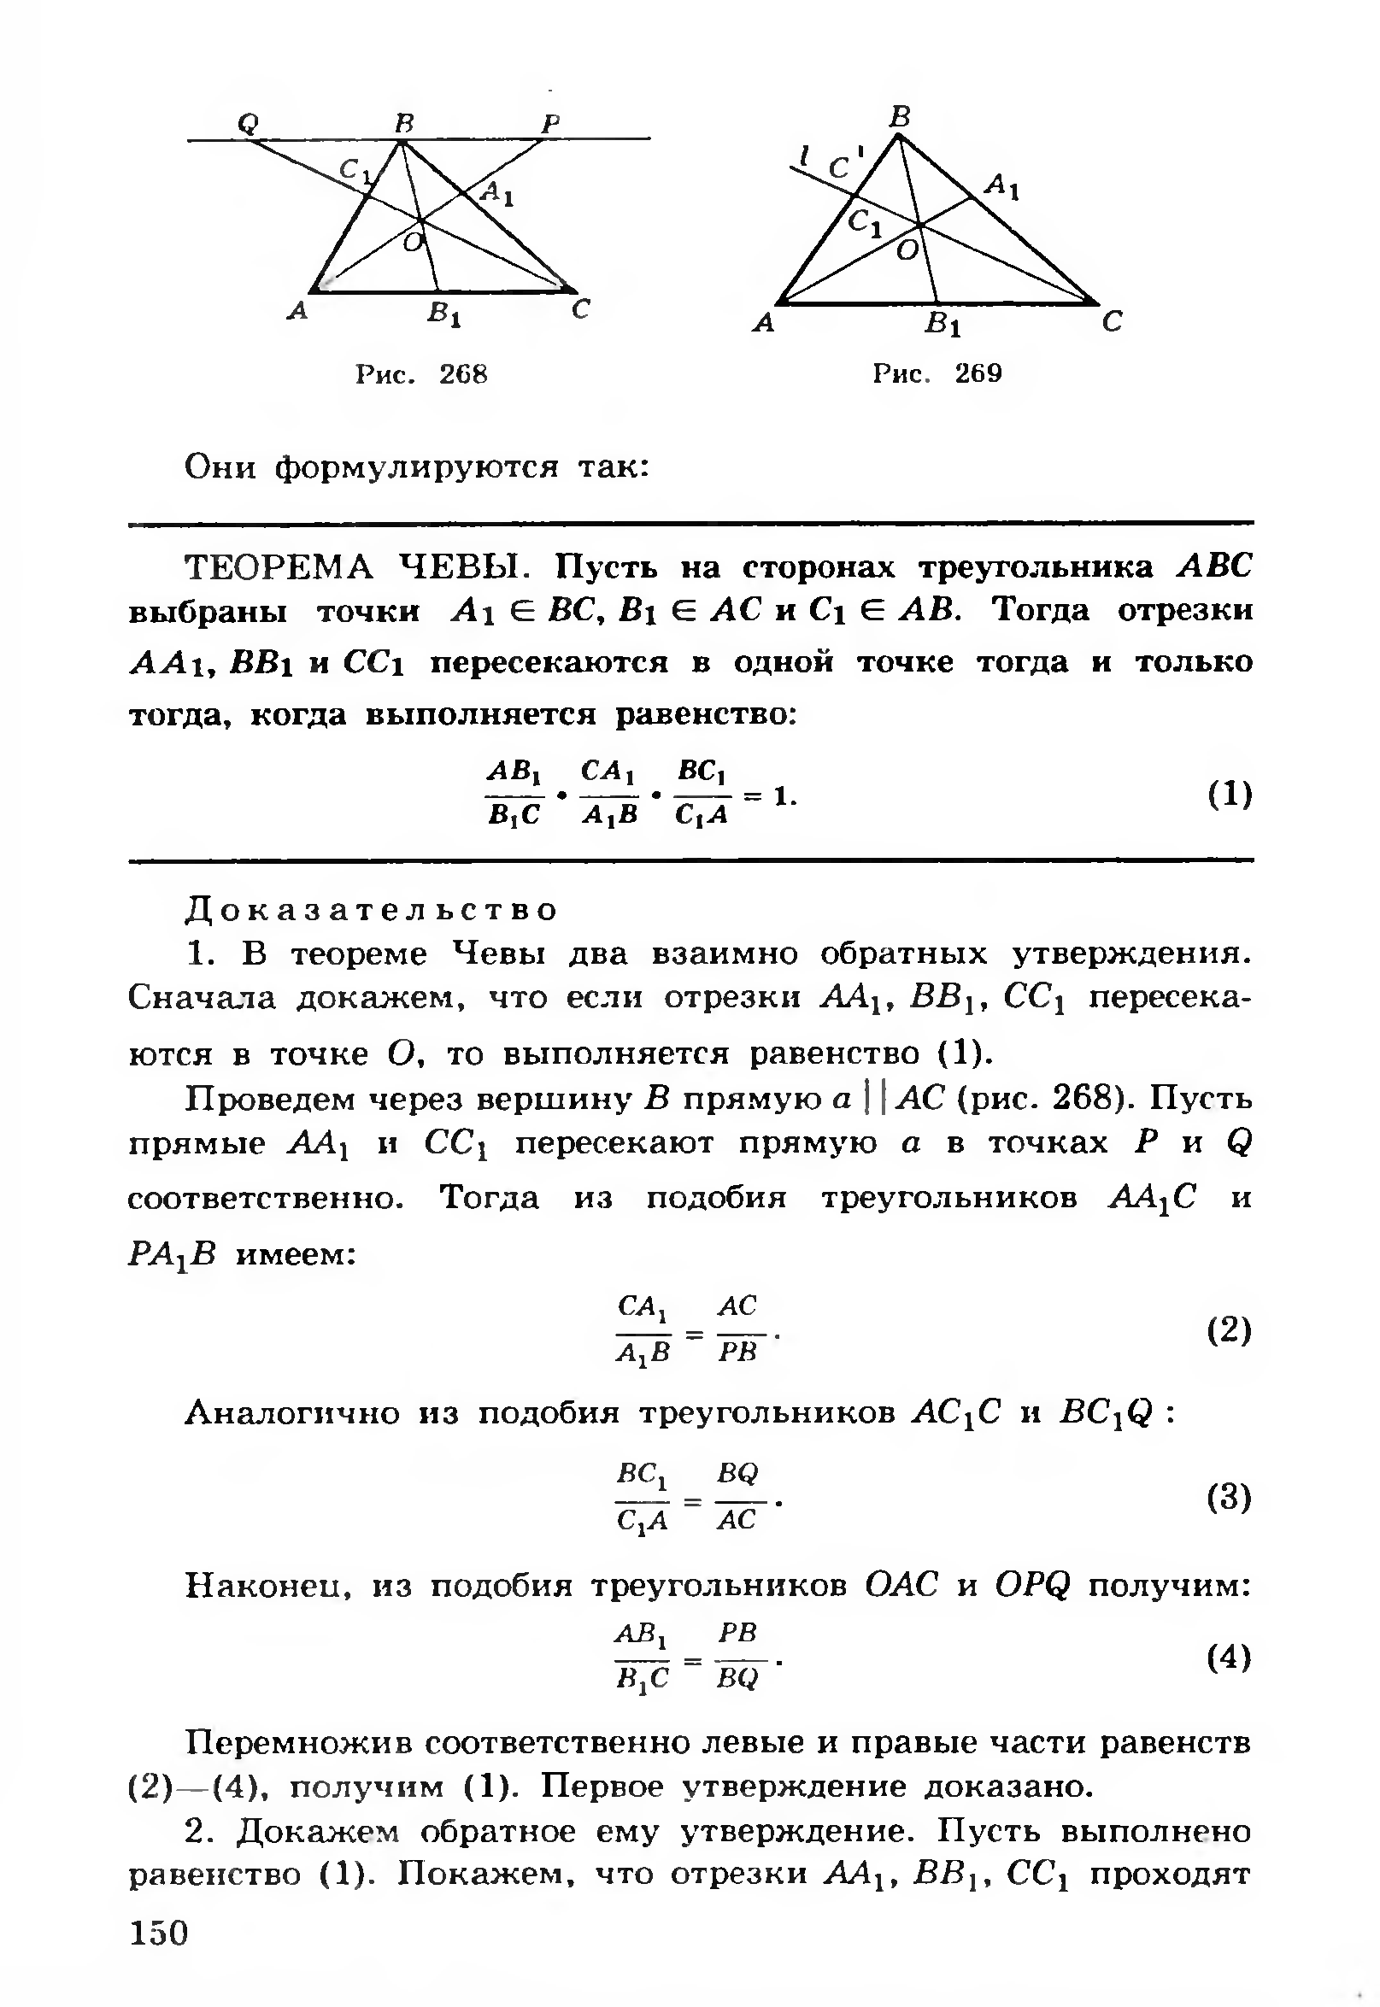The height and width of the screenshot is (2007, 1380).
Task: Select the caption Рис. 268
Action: [422, 374]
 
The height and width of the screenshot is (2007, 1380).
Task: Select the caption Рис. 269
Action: [937, 373]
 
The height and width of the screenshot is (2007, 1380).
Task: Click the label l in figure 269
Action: [805, 156]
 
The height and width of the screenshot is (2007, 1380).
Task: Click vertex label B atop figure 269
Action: [901, 116]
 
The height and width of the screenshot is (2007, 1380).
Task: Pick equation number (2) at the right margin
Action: [1230, 1330]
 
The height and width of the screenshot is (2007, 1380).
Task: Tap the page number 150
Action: [159, 1933]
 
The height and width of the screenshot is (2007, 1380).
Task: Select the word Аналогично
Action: [294, 1413]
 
